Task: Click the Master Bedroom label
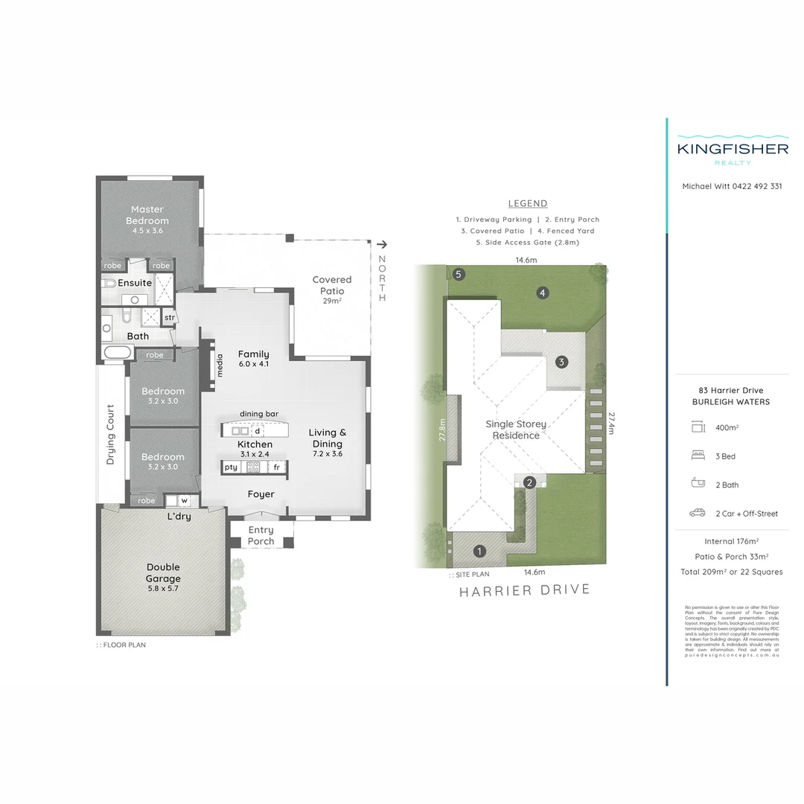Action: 147,215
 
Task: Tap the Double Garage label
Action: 163,572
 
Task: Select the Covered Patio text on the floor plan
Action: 332,285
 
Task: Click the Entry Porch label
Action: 261,535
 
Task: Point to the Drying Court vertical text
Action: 110,434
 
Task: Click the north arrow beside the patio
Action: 382,244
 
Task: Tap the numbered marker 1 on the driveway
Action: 479,552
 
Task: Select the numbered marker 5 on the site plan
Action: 459,274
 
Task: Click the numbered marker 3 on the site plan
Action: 562,363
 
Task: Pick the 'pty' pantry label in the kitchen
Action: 231,467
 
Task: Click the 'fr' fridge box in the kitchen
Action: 276,467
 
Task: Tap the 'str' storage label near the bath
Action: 169,317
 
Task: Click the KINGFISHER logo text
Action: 733,148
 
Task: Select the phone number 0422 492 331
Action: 755,186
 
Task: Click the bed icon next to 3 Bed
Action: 698,456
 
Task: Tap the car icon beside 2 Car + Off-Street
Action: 698,513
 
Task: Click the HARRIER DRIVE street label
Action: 524,590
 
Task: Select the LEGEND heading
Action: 527,203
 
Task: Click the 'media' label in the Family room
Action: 220,366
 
